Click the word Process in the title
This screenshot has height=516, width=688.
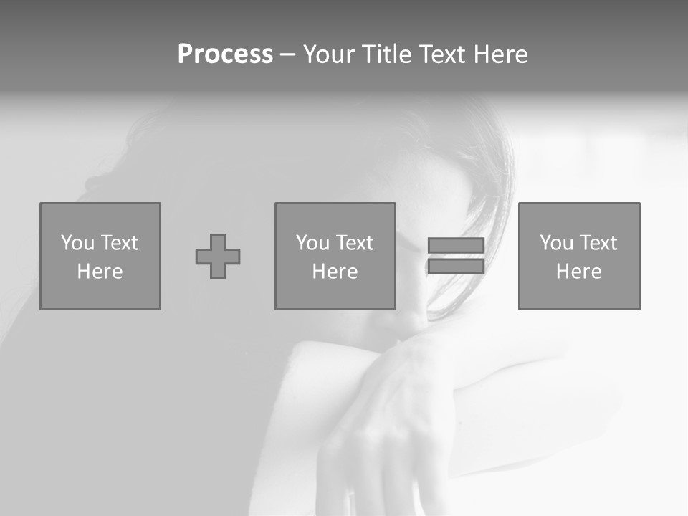point(225,54)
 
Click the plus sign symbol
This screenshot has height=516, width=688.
point(218,257)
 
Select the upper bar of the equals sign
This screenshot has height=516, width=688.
point(456,245)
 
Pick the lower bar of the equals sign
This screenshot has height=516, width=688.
point(456,267)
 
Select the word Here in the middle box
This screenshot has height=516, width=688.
point(335,272)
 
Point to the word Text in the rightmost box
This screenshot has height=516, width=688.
point(598,243)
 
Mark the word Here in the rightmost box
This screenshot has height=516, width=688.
point(578,272)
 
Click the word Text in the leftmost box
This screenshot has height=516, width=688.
point(119,243)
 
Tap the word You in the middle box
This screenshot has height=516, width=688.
point(312,243)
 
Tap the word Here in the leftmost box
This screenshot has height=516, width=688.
point(100,272)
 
